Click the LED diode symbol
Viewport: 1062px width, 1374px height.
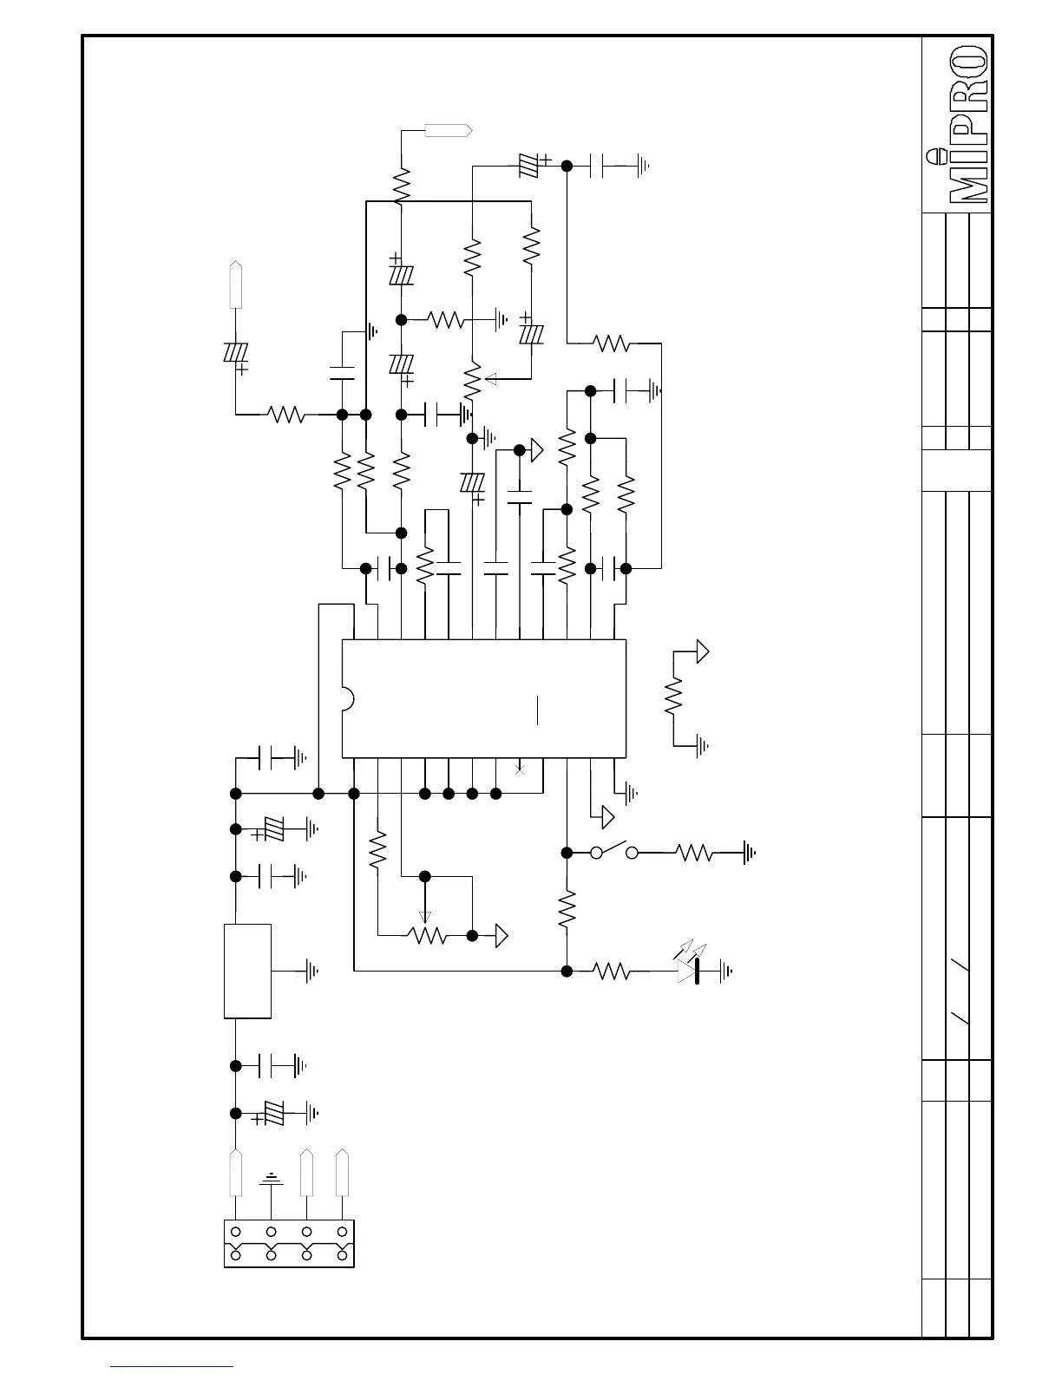[689, 972]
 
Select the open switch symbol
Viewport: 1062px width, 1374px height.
[614, 852]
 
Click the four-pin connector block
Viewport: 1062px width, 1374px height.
[289, 1243]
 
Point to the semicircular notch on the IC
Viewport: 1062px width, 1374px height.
[347, 699]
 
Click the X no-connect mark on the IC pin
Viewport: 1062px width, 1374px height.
[520, 769]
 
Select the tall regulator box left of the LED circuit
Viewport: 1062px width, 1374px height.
[247, 970]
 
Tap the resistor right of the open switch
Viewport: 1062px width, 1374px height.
[695, 854]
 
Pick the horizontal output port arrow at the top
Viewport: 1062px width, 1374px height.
[448, 130]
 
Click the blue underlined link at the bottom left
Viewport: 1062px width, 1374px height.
[172, 1366]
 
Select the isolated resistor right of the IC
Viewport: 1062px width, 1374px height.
[674, 697]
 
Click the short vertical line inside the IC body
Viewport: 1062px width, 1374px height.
[538, 709]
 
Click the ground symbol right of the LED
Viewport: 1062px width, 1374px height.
[725, 972]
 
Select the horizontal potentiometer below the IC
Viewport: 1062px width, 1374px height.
[427, 935]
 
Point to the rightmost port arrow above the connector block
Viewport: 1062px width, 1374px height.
[343, 1173]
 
